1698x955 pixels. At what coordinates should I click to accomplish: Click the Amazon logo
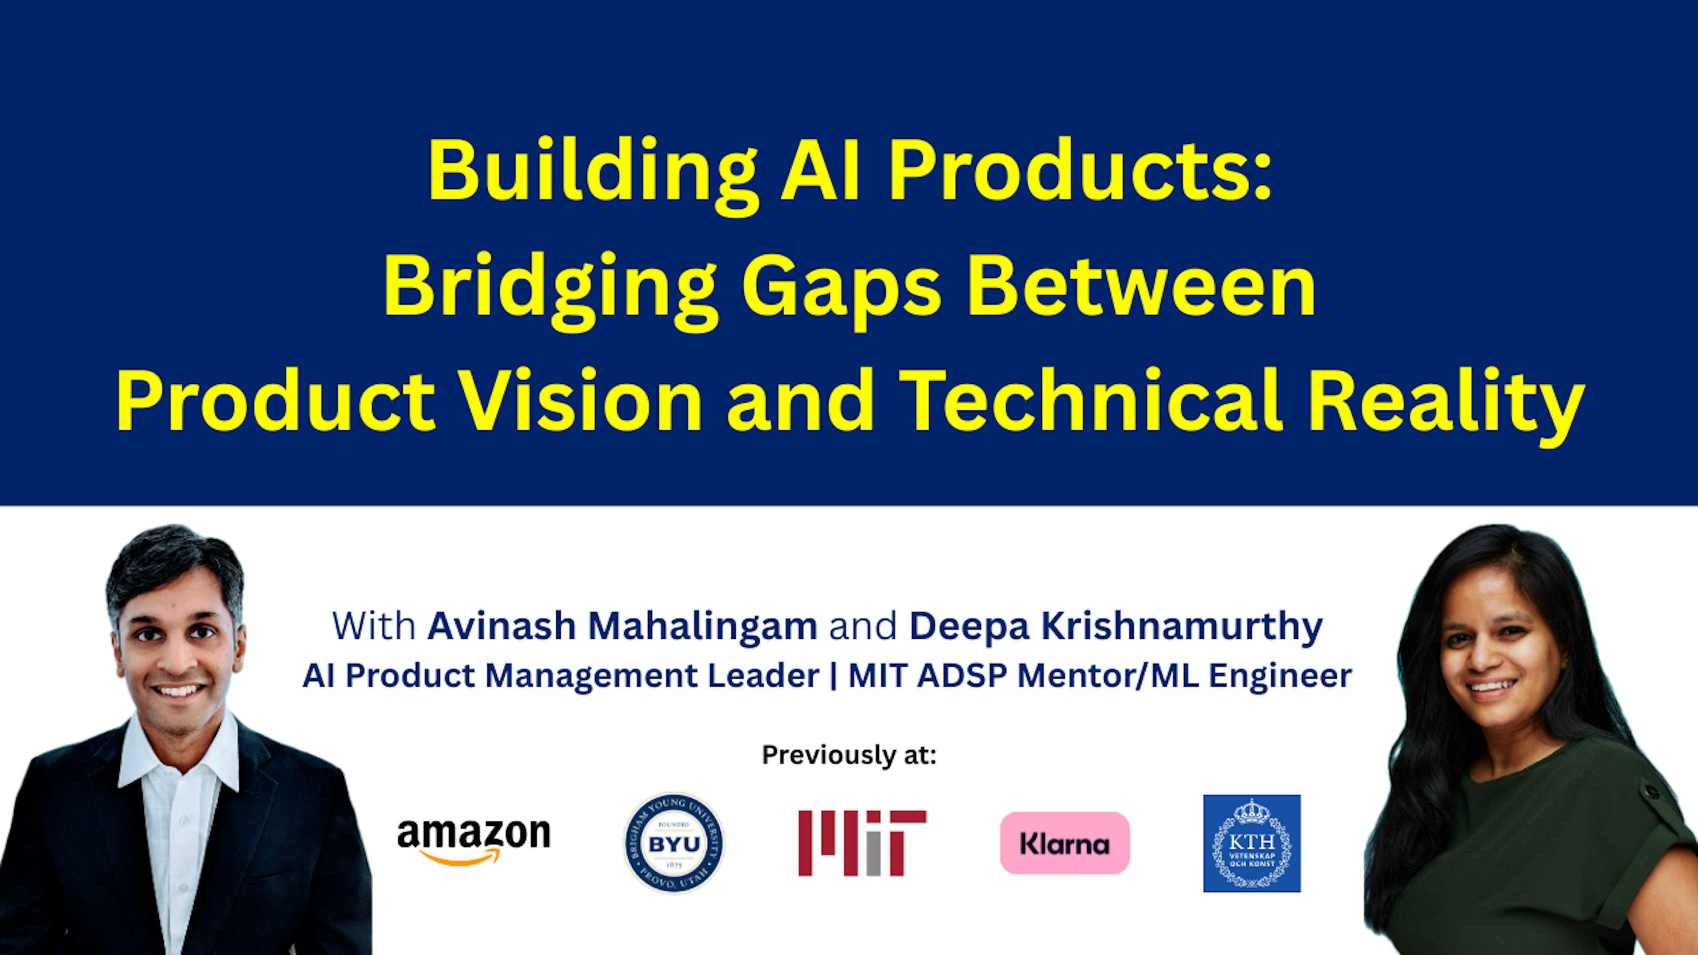[x=473, y=841]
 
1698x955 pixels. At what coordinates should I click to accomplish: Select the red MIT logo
[x=862, y=843]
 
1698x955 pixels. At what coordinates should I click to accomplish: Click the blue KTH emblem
[x=1252, y=843]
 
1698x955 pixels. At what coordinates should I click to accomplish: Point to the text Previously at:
[x=849, y=755]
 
